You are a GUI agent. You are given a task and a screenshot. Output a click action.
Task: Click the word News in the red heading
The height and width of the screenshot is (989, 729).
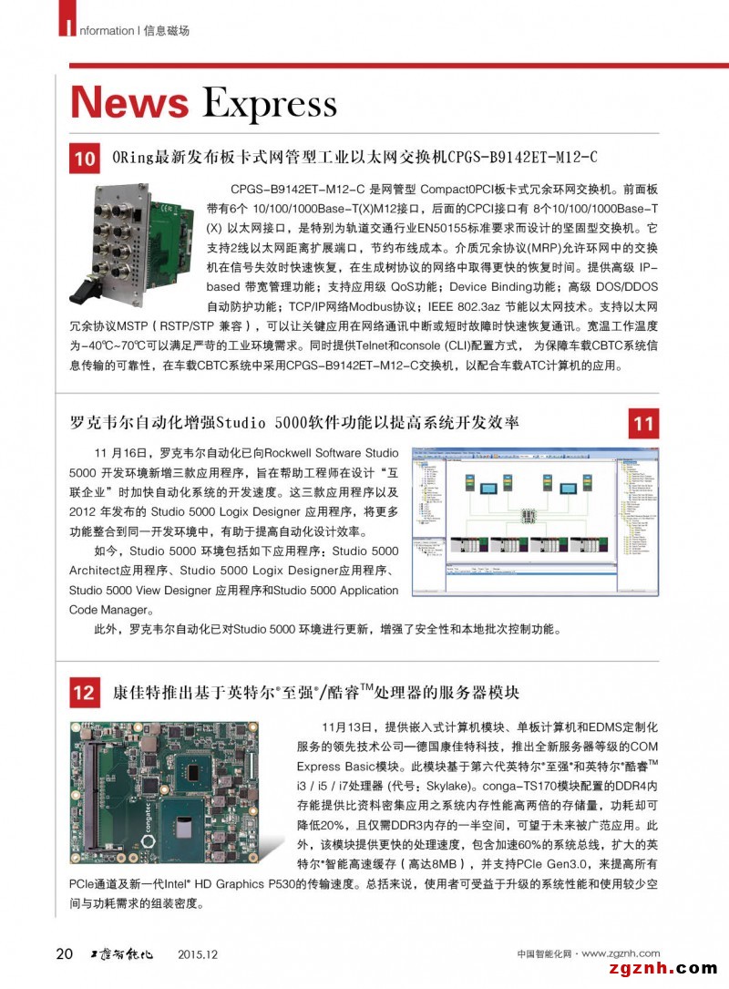point(129,102)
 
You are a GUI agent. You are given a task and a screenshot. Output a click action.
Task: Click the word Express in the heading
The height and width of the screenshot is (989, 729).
point(269,105)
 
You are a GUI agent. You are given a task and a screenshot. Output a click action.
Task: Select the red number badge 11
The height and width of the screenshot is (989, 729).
point(643,424)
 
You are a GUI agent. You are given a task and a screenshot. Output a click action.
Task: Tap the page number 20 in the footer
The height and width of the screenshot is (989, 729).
point(65,954)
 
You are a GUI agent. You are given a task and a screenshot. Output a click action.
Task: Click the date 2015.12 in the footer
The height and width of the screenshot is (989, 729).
point(200,954)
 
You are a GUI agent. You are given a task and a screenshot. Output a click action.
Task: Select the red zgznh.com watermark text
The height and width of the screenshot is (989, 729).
point(660,969)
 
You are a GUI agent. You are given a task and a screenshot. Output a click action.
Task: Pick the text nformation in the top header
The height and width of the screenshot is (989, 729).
point(104,30)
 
